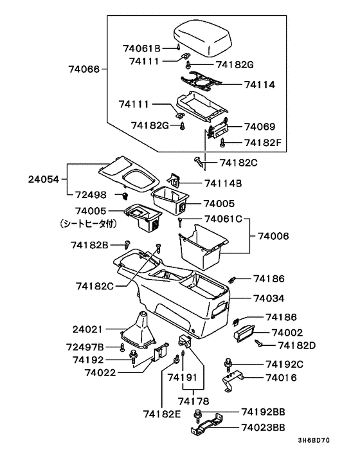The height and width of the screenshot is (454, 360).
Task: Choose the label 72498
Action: click(x=91, y=194)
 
